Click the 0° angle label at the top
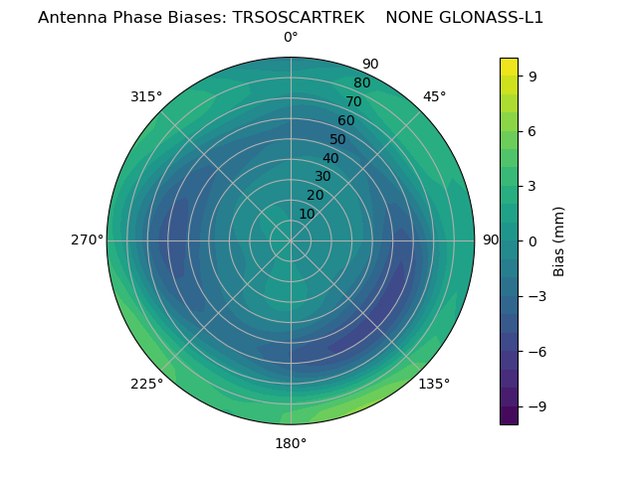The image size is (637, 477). pyautogui.click(x=291, y=38)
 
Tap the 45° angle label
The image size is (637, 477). pyautogui.click(x=435, y=96)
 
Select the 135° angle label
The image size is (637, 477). pyautogui.click(x=434, y=384)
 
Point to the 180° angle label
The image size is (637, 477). pyautogui.click(x=291, y=443)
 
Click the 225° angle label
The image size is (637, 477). pyautogui.click(x=146, y=385)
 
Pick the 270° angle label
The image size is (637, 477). pyautogui.click(x=87, y=239)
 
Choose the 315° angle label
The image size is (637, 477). pyautogui.click(x=146, y=96)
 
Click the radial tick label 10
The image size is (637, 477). pyautogui.click(x=307, y=214)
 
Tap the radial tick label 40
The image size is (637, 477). pyautogui.click(x=330, y=158)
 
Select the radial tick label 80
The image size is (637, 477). pyautogui.click(x=361, y=83)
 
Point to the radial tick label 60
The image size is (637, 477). pyautogui.click(x=345, y=121)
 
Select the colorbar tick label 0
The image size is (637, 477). pyautogui.click(x=533, y=240)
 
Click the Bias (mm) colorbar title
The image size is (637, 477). pyautogui.click(x=559, y=240)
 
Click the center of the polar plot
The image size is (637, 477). pyautogui.click(x=291, y=240)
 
